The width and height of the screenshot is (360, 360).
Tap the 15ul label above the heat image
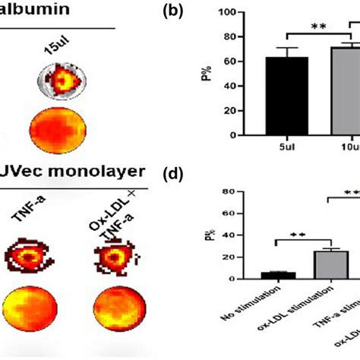click(55, 46)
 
